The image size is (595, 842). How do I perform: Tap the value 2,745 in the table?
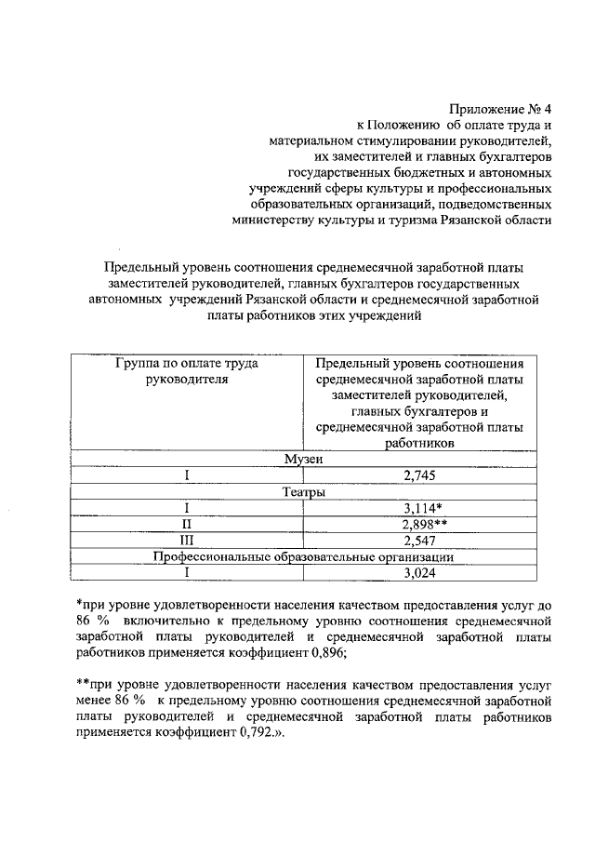(420, 476)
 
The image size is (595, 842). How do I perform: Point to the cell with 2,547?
(420, 541)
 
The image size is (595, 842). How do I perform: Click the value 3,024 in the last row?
(420, 572)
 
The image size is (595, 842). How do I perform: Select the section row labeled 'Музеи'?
(303, 460)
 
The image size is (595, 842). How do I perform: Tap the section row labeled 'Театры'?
(303, 492)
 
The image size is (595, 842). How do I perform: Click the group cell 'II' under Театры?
(187, 525)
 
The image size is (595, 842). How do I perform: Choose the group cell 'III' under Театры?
(187, 541)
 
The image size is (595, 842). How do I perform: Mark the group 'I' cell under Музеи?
(187, 476)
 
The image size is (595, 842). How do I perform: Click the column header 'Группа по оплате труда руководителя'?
(187, 371)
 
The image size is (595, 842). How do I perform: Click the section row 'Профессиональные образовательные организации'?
(303, 556)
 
